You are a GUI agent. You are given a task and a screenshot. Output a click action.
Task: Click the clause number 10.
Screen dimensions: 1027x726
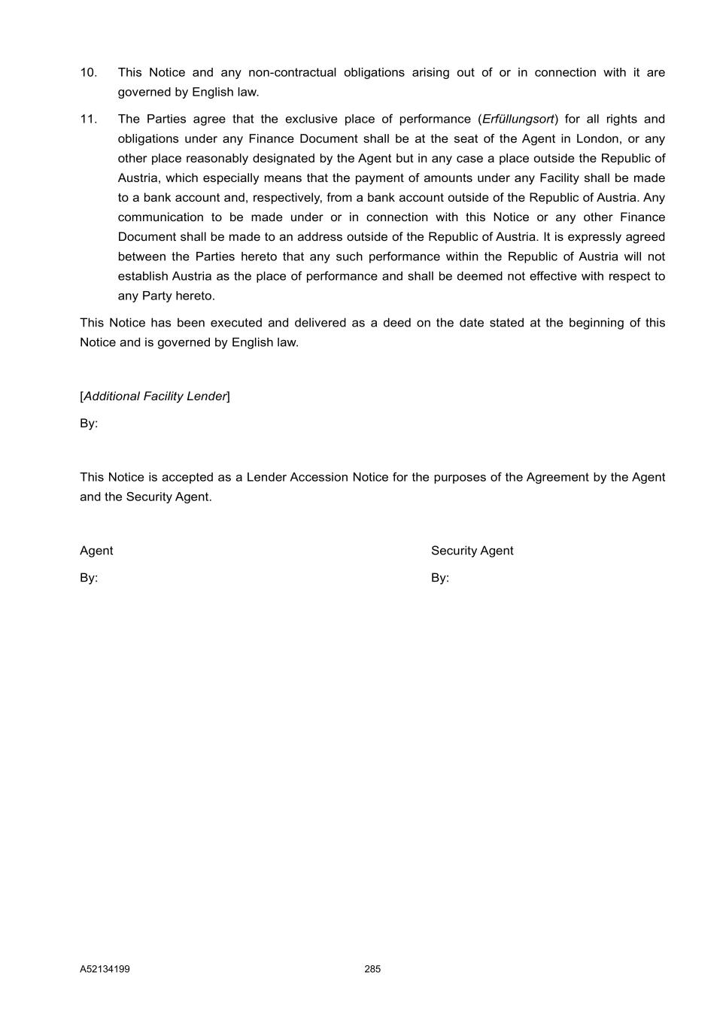pyautogui.click(x=88, y=73)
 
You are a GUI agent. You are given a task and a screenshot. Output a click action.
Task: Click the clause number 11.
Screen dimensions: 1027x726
pyautogui.click(x=88, y=120)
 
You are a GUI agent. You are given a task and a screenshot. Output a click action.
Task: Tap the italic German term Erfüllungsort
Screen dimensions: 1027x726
pyautogui.click(x=518, y=120)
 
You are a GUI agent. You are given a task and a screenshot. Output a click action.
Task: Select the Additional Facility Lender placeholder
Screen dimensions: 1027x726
pyautogui.click(x=155, y=397)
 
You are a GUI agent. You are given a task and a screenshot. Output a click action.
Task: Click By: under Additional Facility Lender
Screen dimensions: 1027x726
pyautogui.click(x=89, y=424)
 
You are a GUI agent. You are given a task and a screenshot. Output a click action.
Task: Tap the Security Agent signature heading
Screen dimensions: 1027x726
pyautogui.click(x=472, y=551)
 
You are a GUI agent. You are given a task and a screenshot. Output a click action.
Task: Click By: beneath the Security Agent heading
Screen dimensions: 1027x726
pyautogui.click(x=440, y=578)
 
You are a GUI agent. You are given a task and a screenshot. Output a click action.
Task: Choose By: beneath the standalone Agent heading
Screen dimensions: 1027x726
pyautogui.click(x=89, y=578)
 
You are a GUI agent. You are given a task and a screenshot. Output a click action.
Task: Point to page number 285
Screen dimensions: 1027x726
pyautogui.click(x=372, y=969)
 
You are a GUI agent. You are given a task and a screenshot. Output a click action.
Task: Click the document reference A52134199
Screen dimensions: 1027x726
pyautogui.click(x=105, y=969)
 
